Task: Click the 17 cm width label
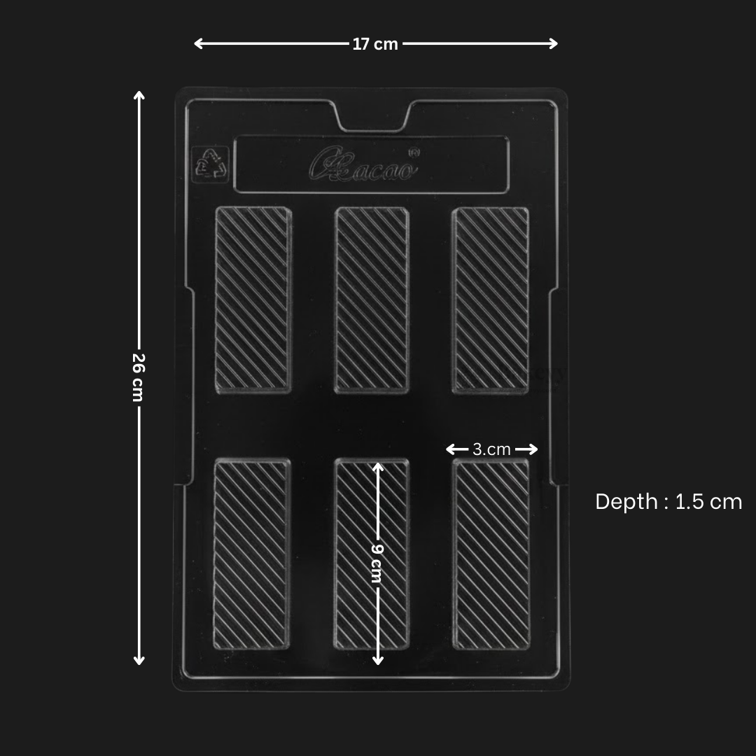click(375, 44)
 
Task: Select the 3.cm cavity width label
click(491, 449)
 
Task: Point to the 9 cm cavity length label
click(377, 563)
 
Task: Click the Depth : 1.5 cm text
click(668, 501)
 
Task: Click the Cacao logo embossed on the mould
click(364, 165)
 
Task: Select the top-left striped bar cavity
click(252, 299)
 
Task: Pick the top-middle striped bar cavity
click(371, 299)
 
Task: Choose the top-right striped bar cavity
click(491, 299)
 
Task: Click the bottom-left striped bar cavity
click(251, 554)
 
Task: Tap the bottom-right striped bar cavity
click(491, 554)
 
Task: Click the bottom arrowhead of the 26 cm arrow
click(139, 661)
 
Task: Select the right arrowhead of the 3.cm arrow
click(535, 449)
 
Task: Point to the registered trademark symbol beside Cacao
click(414, 150)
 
